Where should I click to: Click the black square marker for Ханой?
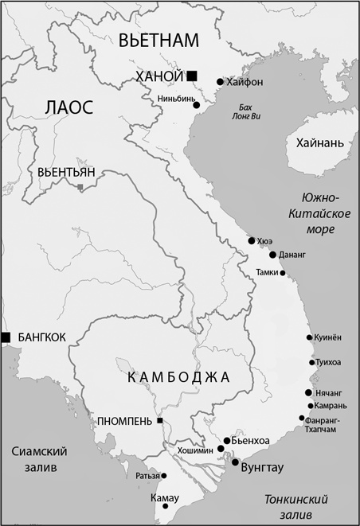[x=192, y=75]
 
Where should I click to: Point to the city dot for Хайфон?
[x=219, y=82]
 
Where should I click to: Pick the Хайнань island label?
[x=319, y=143]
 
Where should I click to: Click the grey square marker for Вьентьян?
[x=80, y=187]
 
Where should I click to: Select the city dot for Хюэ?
[x=252, y=240]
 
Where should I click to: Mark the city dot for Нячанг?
[x=308, y=393]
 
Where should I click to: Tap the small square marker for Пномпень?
[x=159, y=420]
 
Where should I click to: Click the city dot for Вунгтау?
[x=235, y=461]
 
